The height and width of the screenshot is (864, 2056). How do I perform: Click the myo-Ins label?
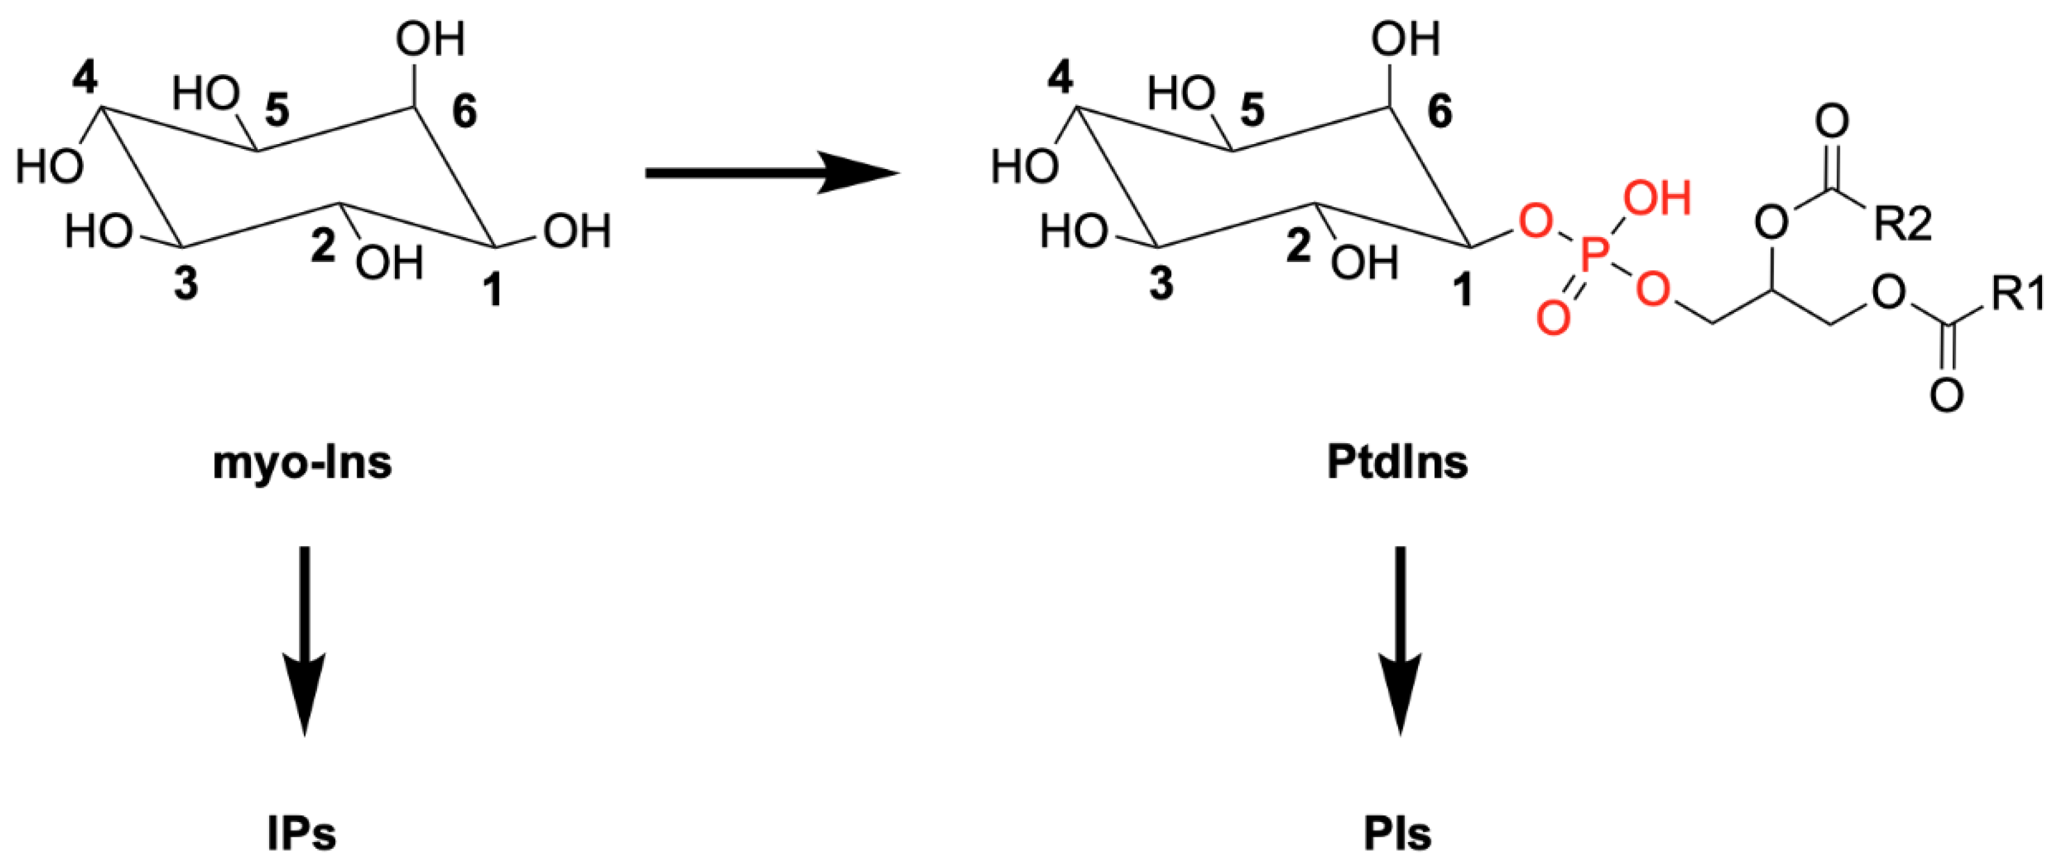[x=303, y=463]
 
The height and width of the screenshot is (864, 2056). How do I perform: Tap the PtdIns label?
[x=1397, y=463]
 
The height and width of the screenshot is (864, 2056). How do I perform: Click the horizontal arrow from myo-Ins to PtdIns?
[x=770, y=173]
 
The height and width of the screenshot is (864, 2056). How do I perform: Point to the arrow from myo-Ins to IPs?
[x=304, y=639]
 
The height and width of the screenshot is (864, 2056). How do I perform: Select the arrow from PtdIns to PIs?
[x=1399, y=639]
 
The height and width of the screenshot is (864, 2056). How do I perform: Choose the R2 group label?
[x=1903, y=225]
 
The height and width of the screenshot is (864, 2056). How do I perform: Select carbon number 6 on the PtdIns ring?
[x=1439, y=111]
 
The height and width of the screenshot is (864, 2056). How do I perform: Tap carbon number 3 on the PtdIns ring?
[x=1161, y=283]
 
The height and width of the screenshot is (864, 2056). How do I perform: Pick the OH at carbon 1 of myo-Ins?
[x=577, y=232]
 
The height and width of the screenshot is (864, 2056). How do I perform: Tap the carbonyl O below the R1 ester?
[x=1947, y=395]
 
